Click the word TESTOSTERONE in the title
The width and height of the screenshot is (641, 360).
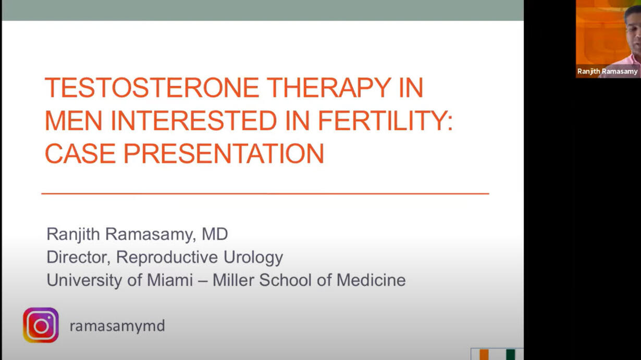152,88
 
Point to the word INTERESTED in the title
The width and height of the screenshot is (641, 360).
194,120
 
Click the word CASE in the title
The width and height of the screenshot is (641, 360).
80,153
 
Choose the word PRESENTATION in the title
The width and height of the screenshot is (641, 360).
224,153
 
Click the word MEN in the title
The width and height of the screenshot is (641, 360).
73,120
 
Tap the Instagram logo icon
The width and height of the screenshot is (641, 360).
41,325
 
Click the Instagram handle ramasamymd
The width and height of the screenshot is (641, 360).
117,326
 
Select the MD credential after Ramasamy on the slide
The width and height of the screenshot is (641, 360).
215,234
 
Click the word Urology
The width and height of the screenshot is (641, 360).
253,257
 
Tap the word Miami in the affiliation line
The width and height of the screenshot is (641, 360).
170,280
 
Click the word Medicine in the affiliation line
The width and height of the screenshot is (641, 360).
371,280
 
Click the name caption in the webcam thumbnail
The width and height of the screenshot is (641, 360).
607,71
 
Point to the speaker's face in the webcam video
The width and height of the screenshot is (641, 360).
634,33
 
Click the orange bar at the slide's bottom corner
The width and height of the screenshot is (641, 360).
484,355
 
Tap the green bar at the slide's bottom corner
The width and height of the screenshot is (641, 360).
511,355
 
